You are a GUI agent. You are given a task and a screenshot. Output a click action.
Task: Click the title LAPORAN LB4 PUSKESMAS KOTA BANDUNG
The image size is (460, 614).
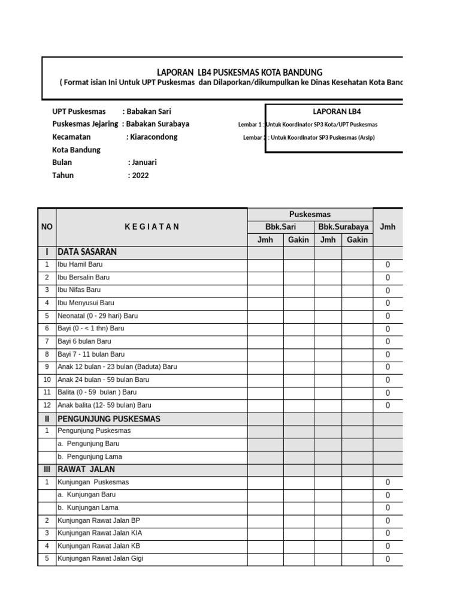click(239, 73)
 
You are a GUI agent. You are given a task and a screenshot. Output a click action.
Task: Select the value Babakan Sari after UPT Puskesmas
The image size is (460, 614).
click(151, 112)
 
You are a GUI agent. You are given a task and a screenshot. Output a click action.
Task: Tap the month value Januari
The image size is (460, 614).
click(143, 162)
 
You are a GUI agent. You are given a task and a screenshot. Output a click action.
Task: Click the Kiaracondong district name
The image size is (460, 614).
click(153, 137)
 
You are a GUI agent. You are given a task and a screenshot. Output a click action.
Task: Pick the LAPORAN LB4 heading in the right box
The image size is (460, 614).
click(337, 112)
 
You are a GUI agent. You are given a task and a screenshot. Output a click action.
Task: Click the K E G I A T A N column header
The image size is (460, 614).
click(152, 227)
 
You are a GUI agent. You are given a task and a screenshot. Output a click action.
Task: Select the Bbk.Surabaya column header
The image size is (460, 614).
click(343, 227)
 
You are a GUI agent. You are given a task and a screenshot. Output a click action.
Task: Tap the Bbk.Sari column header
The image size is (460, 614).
click(281, 227)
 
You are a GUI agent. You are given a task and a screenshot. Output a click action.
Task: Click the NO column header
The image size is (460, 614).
click(47, 227)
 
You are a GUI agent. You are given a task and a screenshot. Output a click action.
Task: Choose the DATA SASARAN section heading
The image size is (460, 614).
click(87, 252)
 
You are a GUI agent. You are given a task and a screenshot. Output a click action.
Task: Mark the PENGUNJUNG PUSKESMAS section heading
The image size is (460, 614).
click(109, 419)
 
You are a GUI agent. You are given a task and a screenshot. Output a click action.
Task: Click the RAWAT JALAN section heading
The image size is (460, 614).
click(86, 469)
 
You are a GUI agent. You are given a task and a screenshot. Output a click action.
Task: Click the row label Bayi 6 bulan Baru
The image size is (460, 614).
click(84, 341)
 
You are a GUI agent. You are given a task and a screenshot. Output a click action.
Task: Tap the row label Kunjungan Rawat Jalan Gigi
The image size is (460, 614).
click(100, 559)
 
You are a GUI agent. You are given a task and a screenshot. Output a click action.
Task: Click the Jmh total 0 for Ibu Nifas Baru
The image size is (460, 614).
click(388, 291)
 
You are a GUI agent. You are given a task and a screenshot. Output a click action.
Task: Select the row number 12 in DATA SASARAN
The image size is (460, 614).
click(47, 405)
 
